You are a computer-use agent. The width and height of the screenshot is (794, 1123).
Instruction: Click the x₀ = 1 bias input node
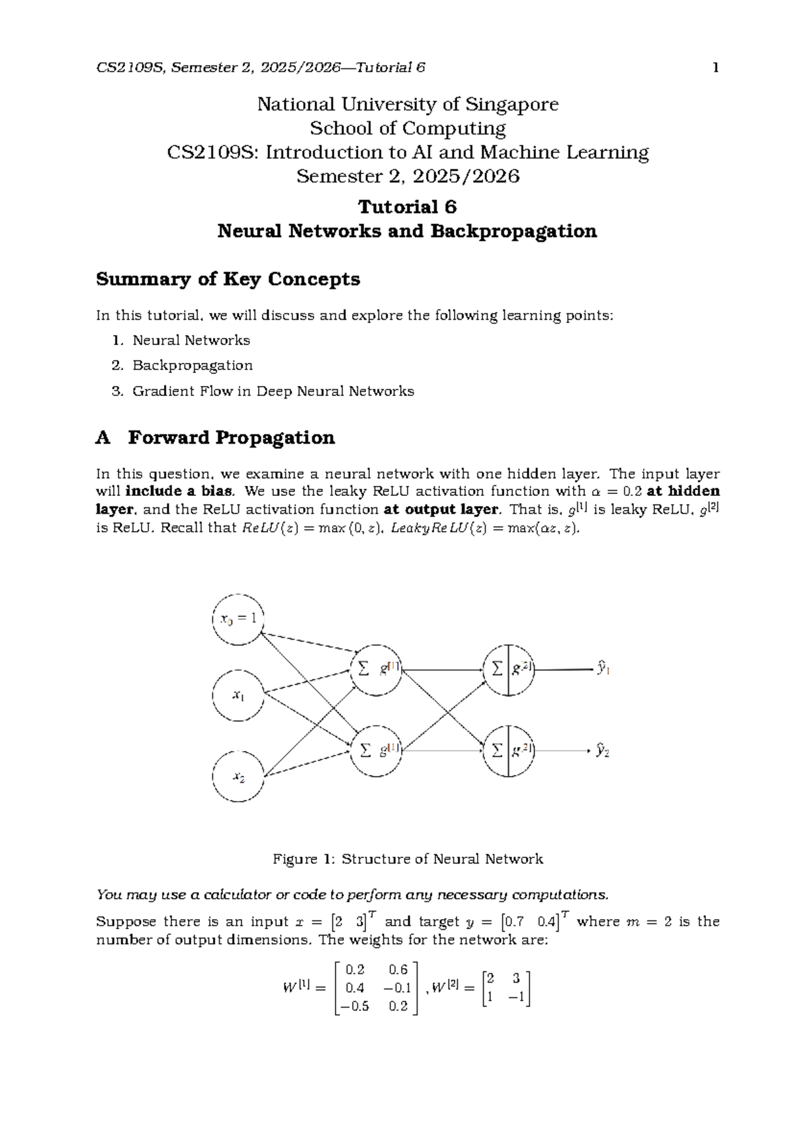[238, 619]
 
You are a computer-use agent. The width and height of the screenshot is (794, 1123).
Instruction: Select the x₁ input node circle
[238, 695]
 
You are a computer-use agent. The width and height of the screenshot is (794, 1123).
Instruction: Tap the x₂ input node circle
[238, 777]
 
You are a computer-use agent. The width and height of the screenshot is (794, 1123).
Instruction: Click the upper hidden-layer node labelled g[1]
[376, 669]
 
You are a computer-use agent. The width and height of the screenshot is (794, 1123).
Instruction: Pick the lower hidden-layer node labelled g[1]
[376, 751]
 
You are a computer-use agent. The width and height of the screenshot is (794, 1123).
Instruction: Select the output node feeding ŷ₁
[508, 669]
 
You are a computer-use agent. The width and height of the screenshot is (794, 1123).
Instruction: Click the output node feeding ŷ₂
[508, 751]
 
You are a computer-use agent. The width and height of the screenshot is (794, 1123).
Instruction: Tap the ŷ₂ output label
[603, 750]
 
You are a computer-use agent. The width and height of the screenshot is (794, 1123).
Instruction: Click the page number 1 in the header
[715, 68]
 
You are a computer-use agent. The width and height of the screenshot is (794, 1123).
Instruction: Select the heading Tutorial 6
[407, 207]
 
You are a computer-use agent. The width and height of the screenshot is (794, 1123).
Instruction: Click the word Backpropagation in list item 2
[193, 366]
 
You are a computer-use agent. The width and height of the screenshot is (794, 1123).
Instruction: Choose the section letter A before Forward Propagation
[103, 438]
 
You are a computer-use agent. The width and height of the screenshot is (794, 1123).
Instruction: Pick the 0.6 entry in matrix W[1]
[398, 970]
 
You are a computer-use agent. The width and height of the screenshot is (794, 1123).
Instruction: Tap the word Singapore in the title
[511, 105]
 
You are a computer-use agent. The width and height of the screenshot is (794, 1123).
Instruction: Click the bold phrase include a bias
[179, 491]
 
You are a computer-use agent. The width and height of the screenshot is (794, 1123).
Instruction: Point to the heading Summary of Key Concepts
[228, 279]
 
